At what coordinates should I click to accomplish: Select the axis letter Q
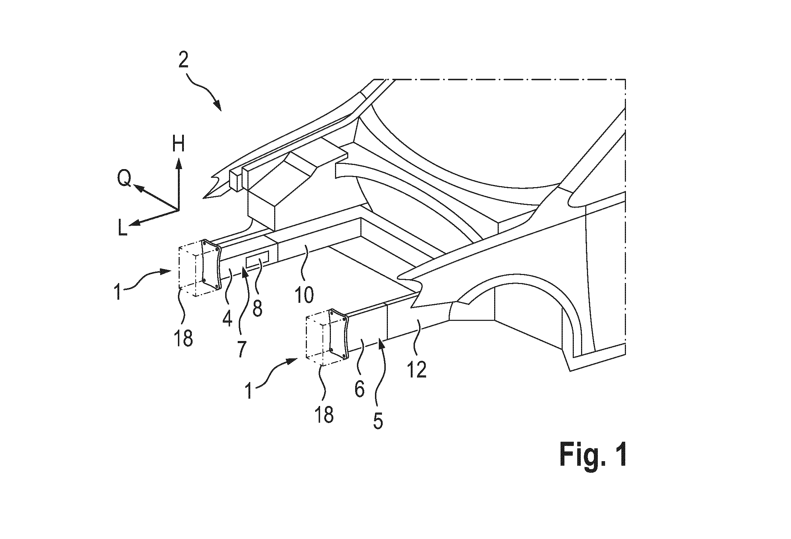click(x=124, y=180)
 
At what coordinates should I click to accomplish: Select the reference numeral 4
click(x=227, y=319)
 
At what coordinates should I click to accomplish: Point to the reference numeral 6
click(x=359, y=390)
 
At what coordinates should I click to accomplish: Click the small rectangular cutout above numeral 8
click(x=257, y=259)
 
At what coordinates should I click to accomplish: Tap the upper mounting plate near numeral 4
click(x=211, y=264)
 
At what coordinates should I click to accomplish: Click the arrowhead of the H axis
click(x=179, y=163)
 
